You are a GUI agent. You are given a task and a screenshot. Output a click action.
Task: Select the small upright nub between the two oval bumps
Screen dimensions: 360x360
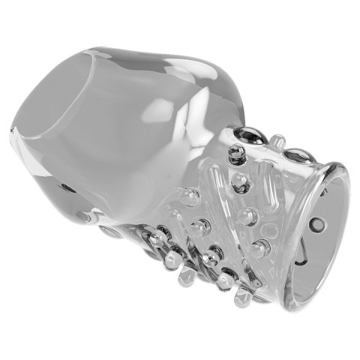277,140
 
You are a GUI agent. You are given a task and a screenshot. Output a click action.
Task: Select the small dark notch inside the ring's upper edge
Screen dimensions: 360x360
324,191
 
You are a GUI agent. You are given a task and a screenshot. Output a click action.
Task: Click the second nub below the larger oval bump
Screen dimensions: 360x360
247,217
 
